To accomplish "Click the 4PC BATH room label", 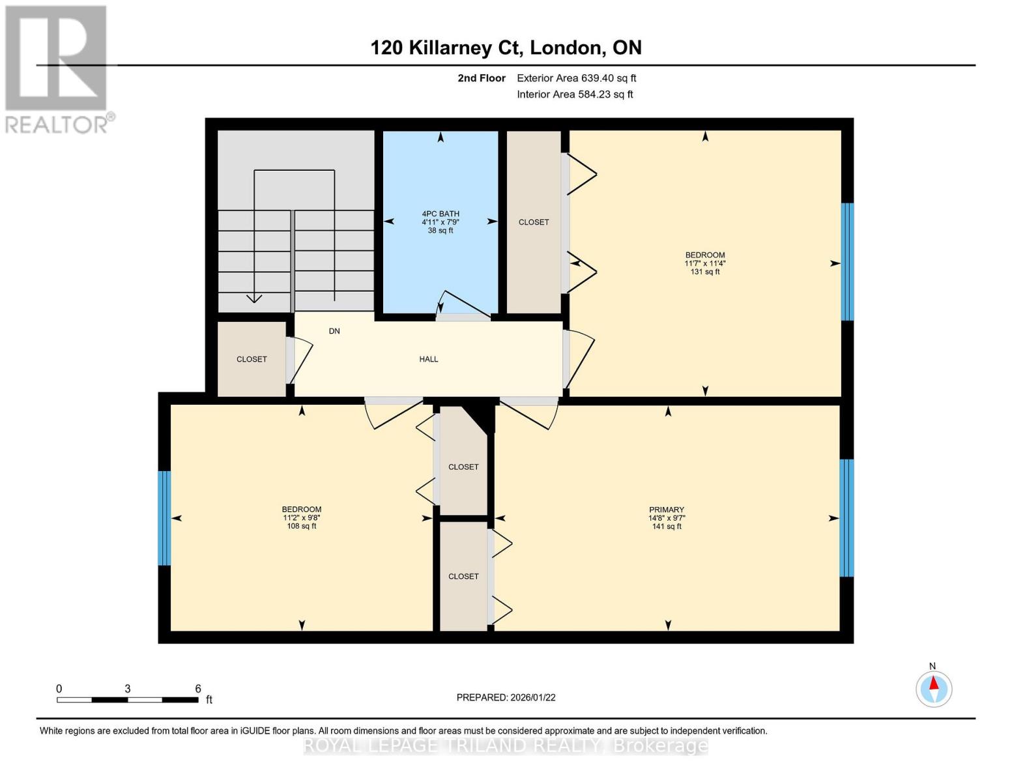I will click(441, 214).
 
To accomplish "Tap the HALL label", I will click(428, 359).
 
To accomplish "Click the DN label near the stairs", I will click(334, 331).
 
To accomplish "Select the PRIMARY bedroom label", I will click(667, 510).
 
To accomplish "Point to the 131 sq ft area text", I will click(705, 272).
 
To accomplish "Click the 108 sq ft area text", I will click(302, 526).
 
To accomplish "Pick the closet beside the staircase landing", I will click(252, 359).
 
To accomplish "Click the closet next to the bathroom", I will click(534, 222).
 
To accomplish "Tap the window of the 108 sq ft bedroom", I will click(164, 518).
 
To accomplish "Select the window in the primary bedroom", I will click(846, 518).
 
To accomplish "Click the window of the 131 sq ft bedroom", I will click(847, 262).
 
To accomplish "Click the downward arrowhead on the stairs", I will click(254, 298).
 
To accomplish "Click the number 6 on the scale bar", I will click(198, 689).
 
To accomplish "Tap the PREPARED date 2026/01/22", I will click(506, 697).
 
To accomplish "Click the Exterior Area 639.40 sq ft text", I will click(576, 78).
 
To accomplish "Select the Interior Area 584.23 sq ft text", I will click(575, 94).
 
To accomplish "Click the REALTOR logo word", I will click(57, 124).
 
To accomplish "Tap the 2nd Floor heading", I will click(482, 78).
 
